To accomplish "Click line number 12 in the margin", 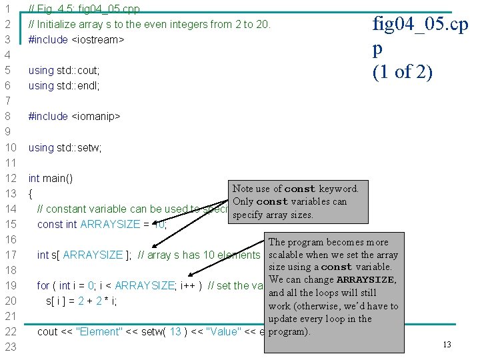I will [10, 178].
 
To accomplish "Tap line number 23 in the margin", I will [10, 347].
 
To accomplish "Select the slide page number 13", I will [447, 345].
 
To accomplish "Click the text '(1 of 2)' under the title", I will [403, 72].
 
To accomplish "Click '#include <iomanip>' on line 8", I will [74, 116].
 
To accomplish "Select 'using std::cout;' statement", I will [64, 70].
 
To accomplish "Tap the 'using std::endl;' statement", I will [64, 85].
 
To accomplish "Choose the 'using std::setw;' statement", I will [65, 147].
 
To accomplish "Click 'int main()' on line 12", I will [51, 178].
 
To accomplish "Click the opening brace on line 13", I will [31, 194].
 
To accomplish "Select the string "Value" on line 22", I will [226, 331].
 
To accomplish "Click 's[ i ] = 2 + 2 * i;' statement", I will [81, 301].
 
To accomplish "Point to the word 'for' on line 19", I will [43, 285].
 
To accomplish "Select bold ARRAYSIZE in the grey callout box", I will [366, 280].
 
